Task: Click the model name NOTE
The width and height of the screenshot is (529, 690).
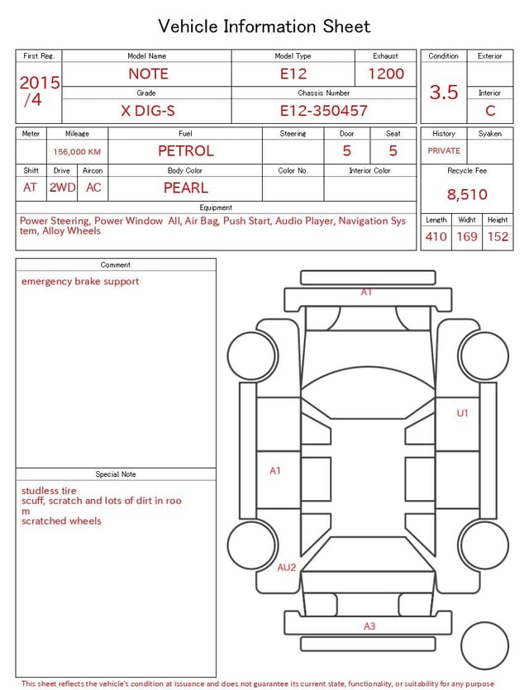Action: click(x=148, y=74)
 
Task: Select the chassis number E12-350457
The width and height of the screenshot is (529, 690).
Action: click(x=323, y=111)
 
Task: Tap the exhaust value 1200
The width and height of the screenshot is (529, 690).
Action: click(x=386, y=74)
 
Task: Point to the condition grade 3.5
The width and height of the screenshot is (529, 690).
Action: click(x=444, y=92)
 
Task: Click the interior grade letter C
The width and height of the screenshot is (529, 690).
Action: click(x=490, y=111)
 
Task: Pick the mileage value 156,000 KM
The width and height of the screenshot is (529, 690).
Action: click(x=77, y=152)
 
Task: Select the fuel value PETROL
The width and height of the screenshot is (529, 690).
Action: click(x=186, y=151)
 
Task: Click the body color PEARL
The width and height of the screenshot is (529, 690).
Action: click(x=186, y=188)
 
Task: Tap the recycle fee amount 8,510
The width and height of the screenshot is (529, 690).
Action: click(x=467, y=194)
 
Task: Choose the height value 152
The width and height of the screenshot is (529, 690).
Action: click(x=498, y=236)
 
